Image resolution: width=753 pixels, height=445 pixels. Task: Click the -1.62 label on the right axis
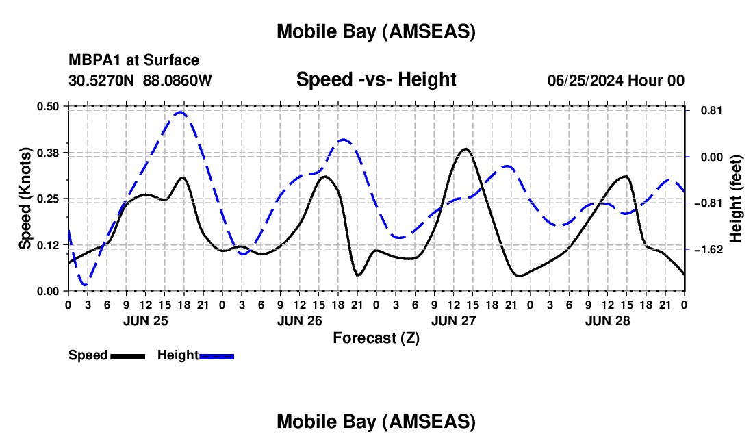[708, 250]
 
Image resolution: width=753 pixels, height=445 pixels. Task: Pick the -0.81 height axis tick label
[708, 203]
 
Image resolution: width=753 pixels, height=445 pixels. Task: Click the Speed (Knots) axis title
[25, 199]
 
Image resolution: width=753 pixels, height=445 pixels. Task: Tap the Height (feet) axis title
[736, 198]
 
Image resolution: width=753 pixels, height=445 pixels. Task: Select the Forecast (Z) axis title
[376, 338]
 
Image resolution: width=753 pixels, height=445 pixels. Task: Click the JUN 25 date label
[144, 320]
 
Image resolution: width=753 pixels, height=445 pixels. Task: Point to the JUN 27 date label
[453, 320]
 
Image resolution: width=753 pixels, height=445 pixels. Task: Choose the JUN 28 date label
[607, 320]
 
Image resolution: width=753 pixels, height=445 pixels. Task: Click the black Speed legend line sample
[127, 356]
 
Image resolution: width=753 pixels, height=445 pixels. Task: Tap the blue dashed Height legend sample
[217, 356]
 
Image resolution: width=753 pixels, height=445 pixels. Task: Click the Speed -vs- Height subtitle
[376, 79]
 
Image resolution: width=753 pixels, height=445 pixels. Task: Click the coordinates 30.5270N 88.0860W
[140, 80]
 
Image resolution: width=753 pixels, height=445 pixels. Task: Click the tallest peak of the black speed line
[465, 149]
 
